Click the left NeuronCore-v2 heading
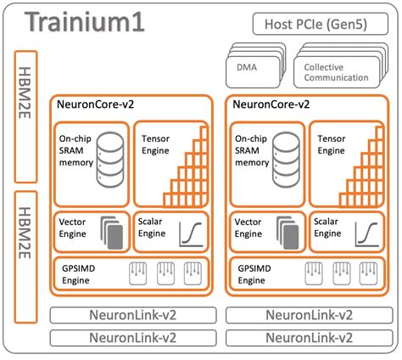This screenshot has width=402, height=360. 100,106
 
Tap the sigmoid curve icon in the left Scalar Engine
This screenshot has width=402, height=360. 191,232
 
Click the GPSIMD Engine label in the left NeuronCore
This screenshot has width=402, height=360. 81,273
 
